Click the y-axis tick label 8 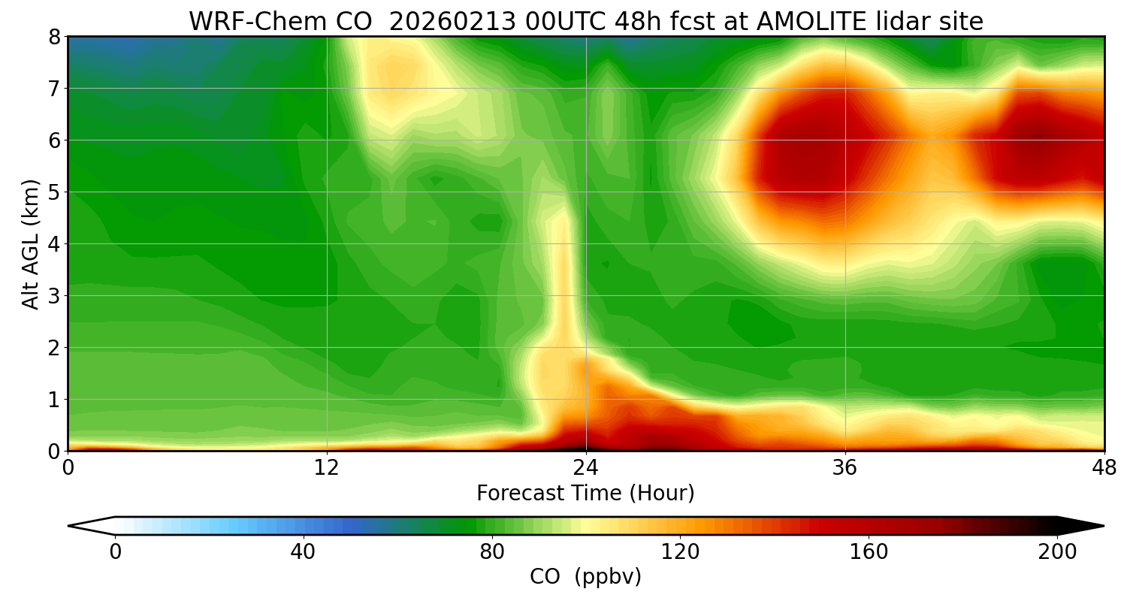53,37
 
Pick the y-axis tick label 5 53,192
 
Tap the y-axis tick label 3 53,296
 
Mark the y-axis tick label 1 53,400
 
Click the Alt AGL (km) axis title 30,244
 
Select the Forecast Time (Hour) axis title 585,494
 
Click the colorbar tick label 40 303,552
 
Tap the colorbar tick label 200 1057,552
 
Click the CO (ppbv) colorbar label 585,577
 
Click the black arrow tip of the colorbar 1082,526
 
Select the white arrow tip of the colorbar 90,526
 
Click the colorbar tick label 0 115,552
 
